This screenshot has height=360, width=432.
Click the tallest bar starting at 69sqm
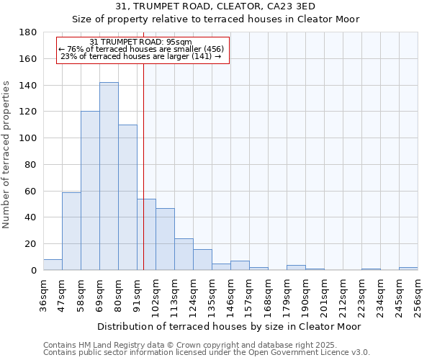(109, 176)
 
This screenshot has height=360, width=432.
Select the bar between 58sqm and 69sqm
(90, 191)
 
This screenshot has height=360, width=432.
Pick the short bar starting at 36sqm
(53, 265)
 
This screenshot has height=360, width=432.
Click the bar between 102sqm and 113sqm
(165, 239)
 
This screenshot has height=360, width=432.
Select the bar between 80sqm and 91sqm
(127, 197)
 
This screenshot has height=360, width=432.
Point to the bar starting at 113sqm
(184, 254)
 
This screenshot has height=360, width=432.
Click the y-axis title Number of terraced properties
(6, 155)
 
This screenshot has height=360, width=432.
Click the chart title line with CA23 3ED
(215, 6)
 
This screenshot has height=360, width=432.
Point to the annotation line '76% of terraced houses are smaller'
(141, 49)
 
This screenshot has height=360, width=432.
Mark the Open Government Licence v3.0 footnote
(207, 353)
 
